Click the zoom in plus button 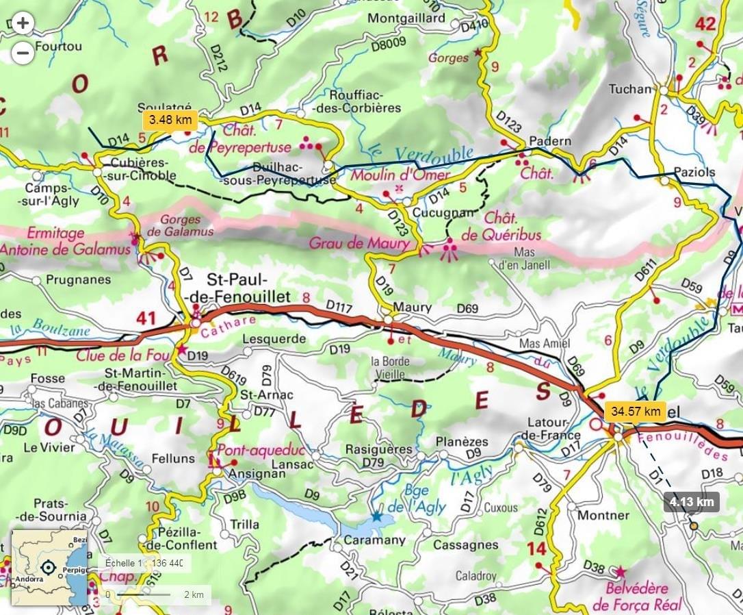[23, 23]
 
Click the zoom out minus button [23, 53]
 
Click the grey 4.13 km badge [691, 502]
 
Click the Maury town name [413, 307]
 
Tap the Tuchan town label [629, 89]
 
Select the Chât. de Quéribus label [512, 227]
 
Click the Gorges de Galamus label [180, 225]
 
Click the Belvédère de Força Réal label [637, 597]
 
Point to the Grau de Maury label [360, 243]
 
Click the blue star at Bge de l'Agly [376, 516]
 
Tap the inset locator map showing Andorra [49, 567]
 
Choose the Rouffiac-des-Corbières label [365, 101]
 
